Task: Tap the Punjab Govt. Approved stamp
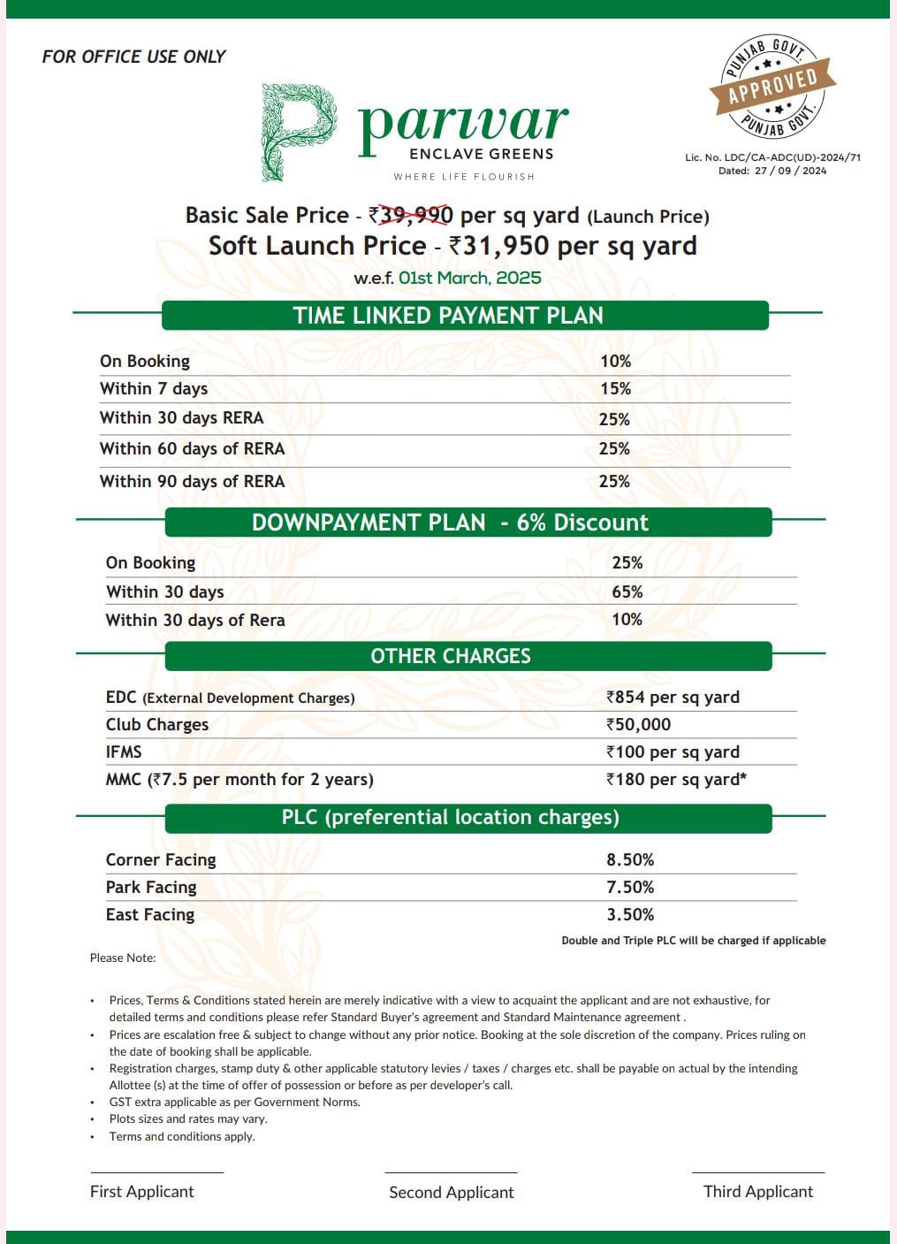pyautogui.click(x=772, y=87)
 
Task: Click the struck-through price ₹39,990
pyautogui.click(x=412, y=215)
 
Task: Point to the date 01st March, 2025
pyautogui.click(x=469, y=278)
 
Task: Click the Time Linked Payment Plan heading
pyautogui.click(x=448, y=316)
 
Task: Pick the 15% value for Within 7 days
pyautogui.click(x=615, y=389)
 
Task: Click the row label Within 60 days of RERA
pyautogui.click(x=192, y=449)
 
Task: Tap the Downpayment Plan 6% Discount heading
pyautogui.click(x=450, y=523)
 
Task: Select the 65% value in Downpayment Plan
pyautogui.click(x=627, y=591)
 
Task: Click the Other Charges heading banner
pyautogui.click(x=451, y=656)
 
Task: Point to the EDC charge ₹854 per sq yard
pyautogui.click(x=673, y=698)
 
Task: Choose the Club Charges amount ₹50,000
pyautogui.click(x=638, y=725)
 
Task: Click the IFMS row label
pyautogui.click(x=124, y=752)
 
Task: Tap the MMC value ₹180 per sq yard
pyautogui.click(x=676, y=780)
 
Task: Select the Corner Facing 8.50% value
pyautogui.click(x=630, y=860)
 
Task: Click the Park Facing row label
pyautogui.click(x=151, y=888)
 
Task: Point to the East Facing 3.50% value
pyautogui.click(x=630, y=915)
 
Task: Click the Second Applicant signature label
pyautogui.click(x=451, y=1193)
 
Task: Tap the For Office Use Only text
pyautogui.click(x=133, y=57)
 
